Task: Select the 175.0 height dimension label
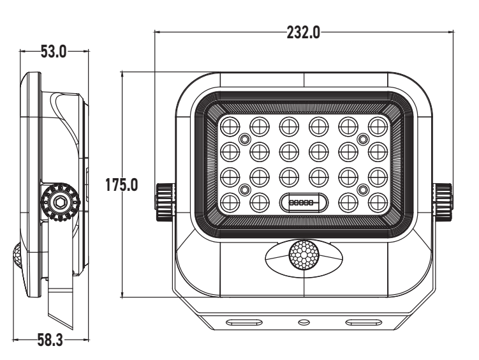click(x=121, y=185)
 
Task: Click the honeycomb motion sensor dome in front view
click(x=303, y=256)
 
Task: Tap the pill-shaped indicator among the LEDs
click(x=303, y=202)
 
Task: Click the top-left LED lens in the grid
click(x=230, y=126)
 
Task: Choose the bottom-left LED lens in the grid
click(x=230, y=202)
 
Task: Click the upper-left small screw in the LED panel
click(x=244, y=139)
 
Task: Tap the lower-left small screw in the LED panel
click(x=244, y=188)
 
